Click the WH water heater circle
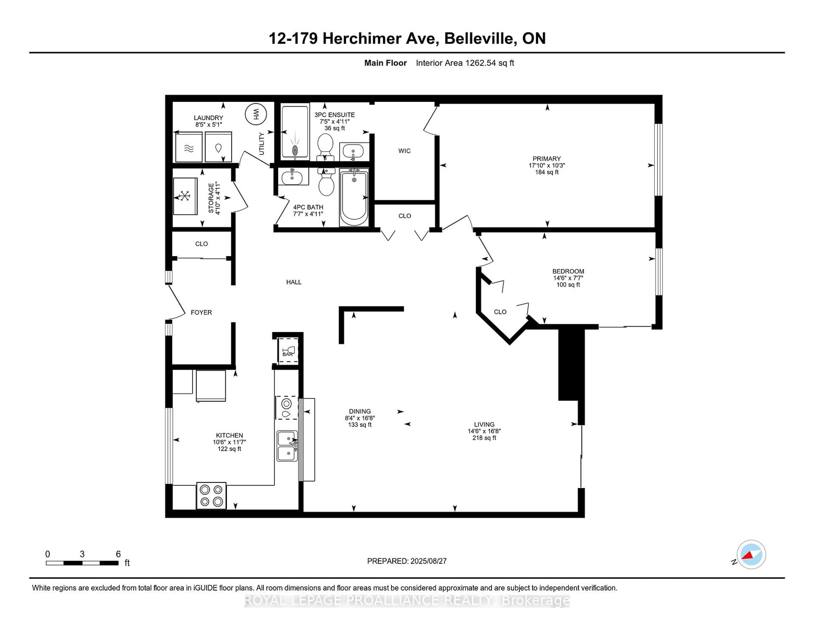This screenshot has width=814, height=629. (x=256, y=114)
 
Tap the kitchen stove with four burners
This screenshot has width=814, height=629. (x=211, y=496)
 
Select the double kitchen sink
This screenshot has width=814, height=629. (x=287, y=446)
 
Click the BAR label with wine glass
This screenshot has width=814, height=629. (x=288, y=351)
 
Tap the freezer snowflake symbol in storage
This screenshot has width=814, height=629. (x=185, y=196)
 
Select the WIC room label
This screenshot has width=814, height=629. (x=404, y=151)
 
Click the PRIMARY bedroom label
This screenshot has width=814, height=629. (x=546, y=159)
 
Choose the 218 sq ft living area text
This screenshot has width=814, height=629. (x=484, y=438)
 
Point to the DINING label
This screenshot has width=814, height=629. (x=360, y=411)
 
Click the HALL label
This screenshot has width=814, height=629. (x=294, y=282)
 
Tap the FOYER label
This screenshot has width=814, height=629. (x=201, y=312)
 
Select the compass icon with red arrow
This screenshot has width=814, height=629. (x=751, y=554)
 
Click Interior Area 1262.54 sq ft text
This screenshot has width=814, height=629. (x=465, y=63)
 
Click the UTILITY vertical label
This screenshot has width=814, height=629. (x=261, y=143)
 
